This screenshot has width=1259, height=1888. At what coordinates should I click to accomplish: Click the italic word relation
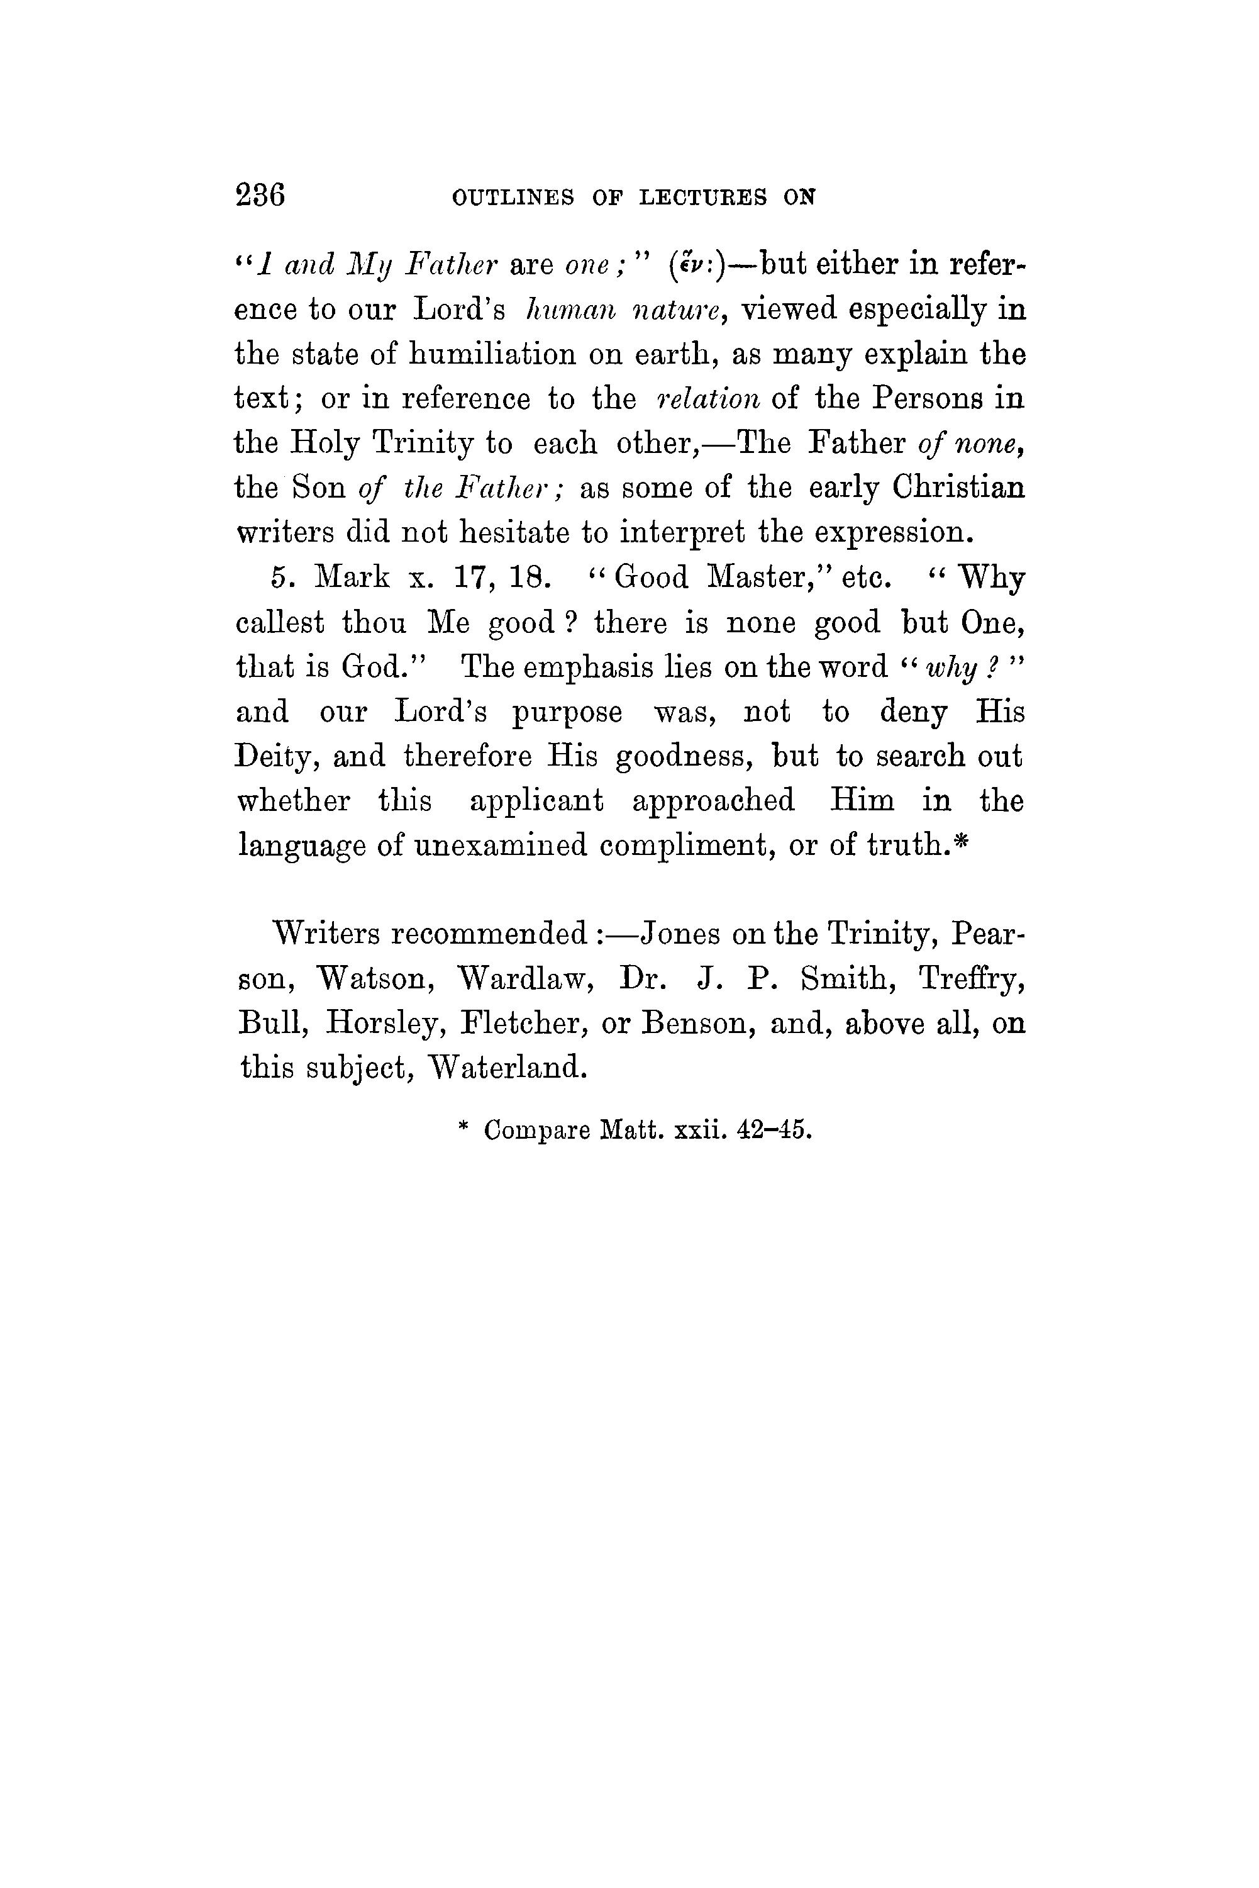coord(707,399)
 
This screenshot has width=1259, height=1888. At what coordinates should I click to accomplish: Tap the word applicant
coord(536,802)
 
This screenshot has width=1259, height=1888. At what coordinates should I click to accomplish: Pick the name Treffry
coord(972,979)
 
